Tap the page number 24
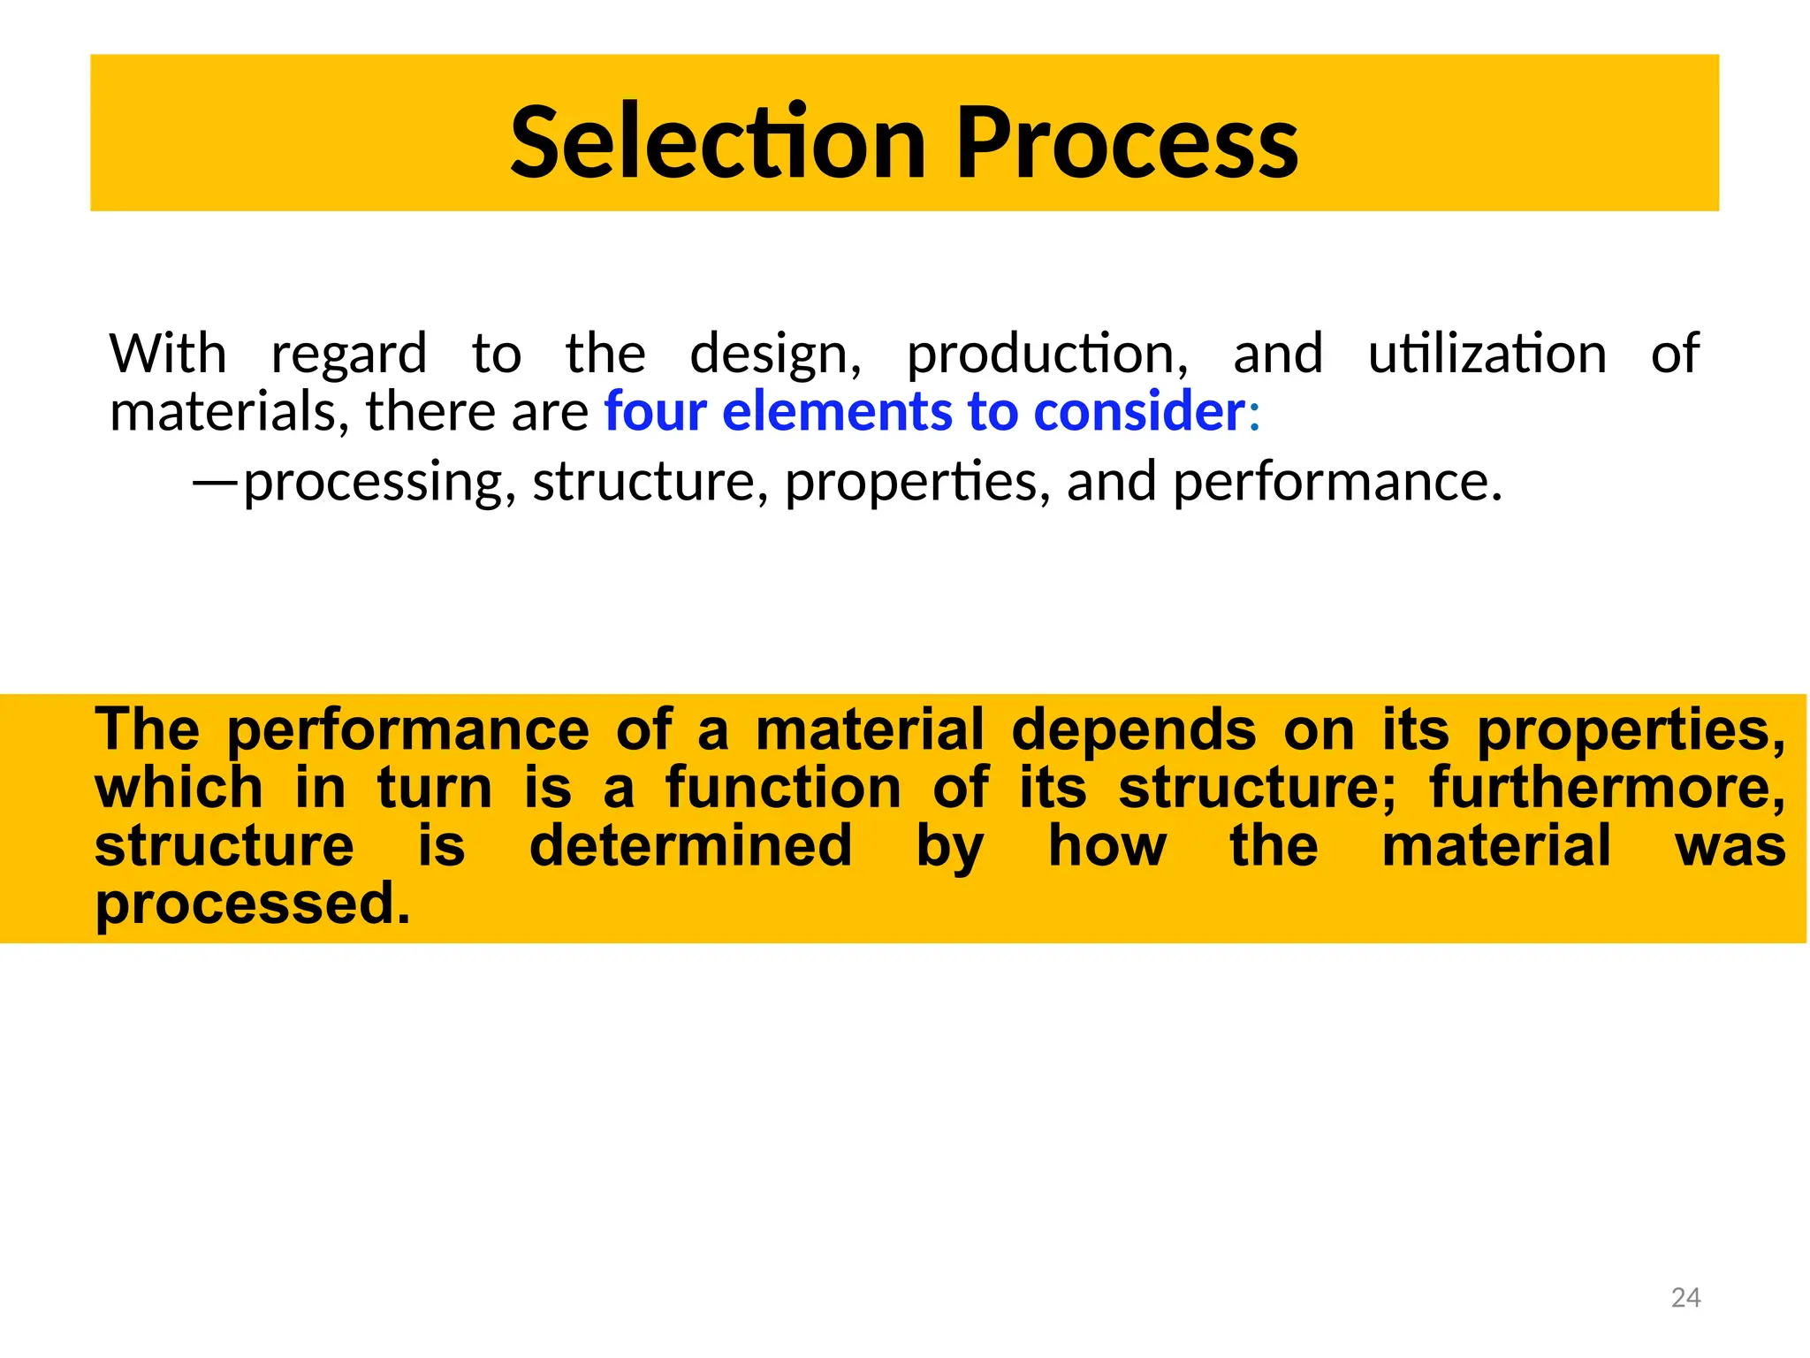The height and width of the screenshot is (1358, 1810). pos(1685,1297)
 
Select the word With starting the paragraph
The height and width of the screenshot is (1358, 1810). pos(168,354)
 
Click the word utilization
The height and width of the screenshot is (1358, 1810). pos(1487,354)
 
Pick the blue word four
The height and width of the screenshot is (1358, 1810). pos(655,412)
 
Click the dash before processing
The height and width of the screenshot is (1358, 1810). pos(215,483)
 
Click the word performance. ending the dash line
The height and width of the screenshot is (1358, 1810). pos(1336,483)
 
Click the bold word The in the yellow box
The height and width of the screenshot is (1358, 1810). pos(148,729)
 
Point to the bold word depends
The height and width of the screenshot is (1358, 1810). pos(1133,729)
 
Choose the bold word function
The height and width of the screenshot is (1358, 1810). pos(782,788)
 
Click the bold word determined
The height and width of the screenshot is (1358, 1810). pos(690,845)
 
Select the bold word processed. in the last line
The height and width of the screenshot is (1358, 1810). pos(253,904)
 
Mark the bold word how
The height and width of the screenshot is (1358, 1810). pos(1107,845)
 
